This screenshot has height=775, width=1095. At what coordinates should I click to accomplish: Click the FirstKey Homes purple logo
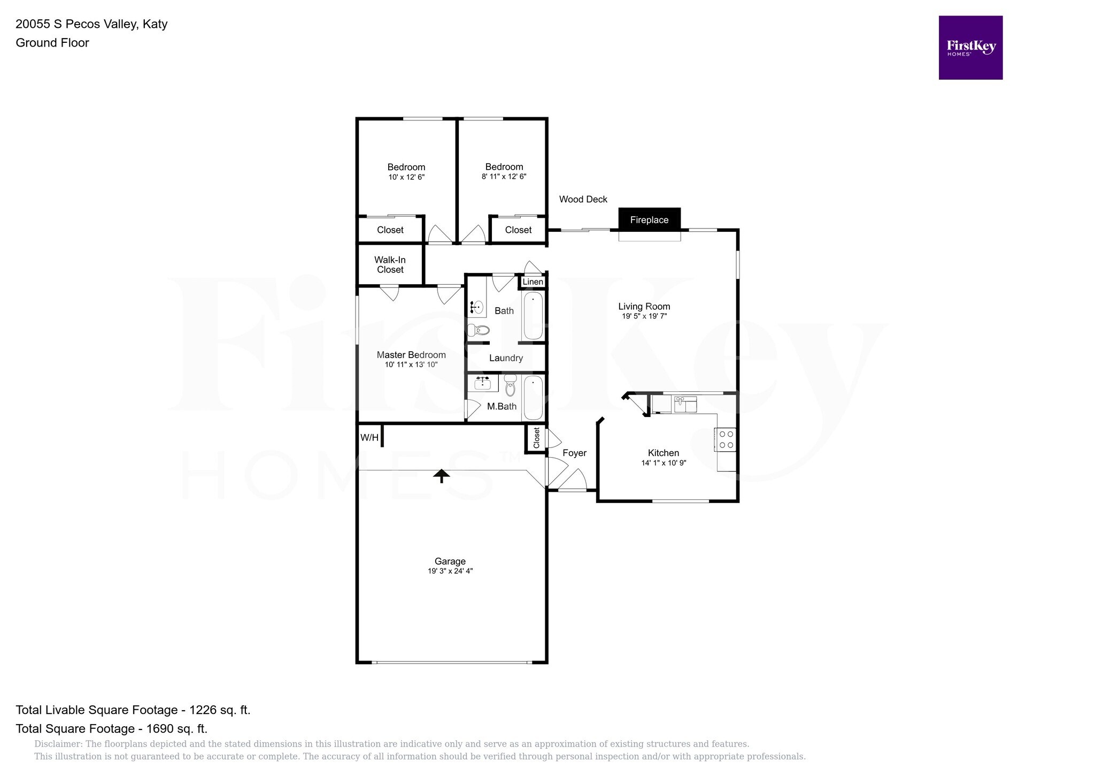pyautogui.click(x=970, y=48)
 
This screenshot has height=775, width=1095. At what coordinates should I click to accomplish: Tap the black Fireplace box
pyautogui.click(x=649, y=219)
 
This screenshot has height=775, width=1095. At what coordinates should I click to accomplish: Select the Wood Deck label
pyautogui.click(x=583, y=199)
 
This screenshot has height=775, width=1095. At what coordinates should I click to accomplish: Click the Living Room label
pyautogui.click(x=644, y=306)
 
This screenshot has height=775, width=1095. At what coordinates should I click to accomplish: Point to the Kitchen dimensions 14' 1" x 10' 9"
pyautogui.click(x=664, y=463)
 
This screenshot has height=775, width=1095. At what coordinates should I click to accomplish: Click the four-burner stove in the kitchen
pyautogui.click(x=726, y=439)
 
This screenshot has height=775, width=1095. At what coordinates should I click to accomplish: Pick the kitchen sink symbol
pyautogui.click(x=684, y=404)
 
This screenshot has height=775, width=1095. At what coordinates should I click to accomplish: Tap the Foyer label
pyautogui.click(x=575, y=453)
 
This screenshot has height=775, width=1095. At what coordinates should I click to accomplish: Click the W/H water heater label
pyautogui.click(x=369, y=438)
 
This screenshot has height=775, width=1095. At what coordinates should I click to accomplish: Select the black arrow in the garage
pyautogui.click(x=442, y=476)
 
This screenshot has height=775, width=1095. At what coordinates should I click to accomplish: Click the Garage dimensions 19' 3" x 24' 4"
pyautogui.click(x=450, y=571)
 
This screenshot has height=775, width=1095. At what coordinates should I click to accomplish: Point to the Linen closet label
pyautogui.click(x=533, y=282)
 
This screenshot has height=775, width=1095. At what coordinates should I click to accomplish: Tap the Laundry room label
pyautogui.click(x=506, y=358)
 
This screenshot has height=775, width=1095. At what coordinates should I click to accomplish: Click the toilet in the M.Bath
pyautogui.click(x=510, y=385)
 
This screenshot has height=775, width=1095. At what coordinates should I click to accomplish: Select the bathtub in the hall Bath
pyautogui.click(x=533, y=316)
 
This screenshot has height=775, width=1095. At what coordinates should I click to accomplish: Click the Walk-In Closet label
pyautogui.click(x=390, y=265)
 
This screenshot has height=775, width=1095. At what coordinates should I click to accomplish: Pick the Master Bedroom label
pyautogui.click(x=411, y=355)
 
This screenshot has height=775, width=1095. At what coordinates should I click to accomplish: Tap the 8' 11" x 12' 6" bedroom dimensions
pyautogui.click(x=504, y=176)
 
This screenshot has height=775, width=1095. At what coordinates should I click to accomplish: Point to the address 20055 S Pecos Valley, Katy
pyautogui.click(x=91, y=24)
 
